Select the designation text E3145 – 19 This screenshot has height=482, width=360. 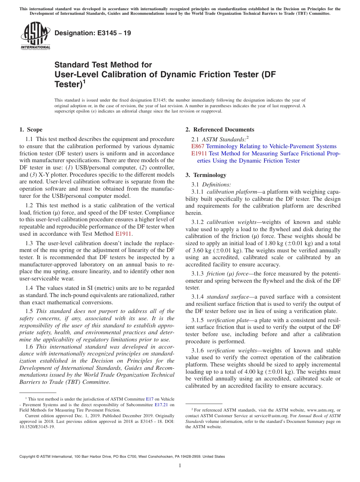click(x=93, y=33)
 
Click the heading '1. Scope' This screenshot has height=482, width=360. click(x=31, y=130)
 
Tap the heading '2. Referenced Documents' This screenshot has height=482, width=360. click(x=220, y=130)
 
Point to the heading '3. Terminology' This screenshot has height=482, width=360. click(x=206, y=175)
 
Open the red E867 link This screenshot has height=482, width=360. click(x=198, y=146)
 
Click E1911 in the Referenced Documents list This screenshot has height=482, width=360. click(x=199, y=153)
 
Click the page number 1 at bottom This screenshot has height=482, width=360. click(x=180, y=466)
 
